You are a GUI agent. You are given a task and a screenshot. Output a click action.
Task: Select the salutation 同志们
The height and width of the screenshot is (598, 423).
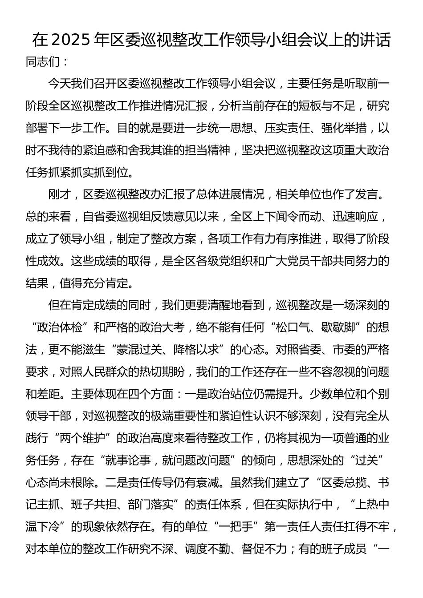click(x=43, y=61)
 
